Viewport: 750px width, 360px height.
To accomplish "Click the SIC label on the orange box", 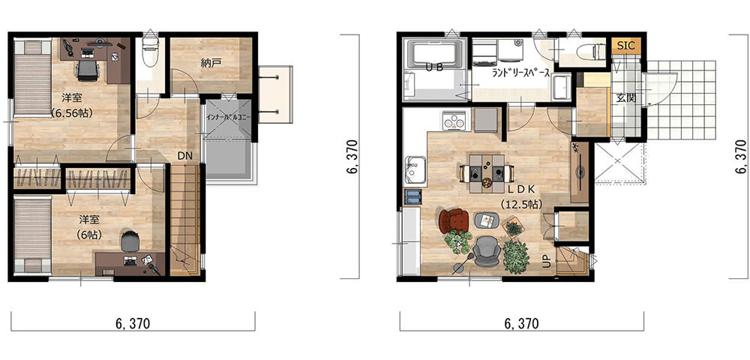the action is (625, 46).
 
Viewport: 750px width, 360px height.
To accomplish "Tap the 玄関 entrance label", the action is (623, 99).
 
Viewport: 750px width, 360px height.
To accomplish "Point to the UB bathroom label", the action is (433, 68).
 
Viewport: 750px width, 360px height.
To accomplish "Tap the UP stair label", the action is (546, 262).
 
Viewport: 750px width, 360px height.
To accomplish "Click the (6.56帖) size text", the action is (72, 113).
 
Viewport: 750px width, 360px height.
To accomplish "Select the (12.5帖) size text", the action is (520, 204).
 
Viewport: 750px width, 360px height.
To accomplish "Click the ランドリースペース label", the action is (521, 74).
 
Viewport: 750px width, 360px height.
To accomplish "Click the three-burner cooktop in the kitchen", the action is (454, 121).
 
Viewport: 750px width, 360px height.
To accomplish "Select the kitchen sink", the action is (414, 169).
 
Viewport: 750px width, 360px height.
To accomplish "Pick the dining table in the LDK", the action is (487, 173).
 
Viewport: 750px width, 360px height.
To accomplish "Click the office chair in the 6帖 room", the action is (130, 241).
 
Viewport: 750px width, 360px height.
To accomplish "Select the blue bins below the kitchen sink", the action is (412, 196).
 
